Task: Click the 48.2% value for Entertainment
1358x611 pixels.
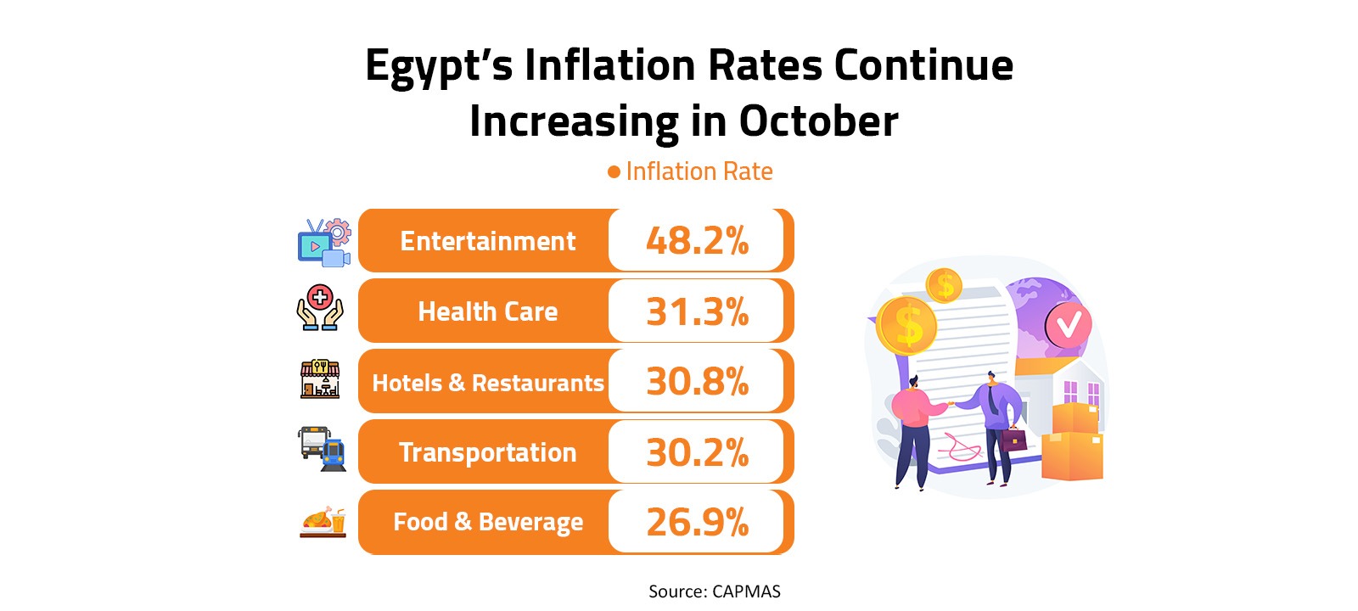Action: tap(697, 241)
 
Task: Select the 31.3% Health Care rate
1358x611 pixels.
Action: tap(697, 311)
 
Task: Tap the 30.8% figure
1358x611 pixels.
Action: tap(697, 382)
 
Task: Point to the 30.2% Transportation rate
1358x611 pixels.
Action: tap(697, 452)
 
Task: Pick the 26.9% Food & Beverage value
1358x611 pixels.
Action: tap(697, 523)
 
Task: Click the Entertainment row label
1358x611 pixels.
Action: tap(487, 241)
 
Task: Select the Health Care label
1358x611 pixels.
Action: tap(487, 311)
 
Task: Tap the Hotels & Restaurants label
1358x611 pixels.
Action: tap(487, 383)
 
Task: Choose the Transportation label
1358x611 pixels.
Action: tap(487, 452)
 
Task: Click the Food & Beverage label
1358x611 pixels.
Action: tap(487, 522)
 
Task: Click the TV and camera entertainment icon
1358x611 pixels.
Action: tap(323, 243)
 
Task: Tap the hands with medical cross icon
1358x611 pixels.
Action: tap(320, 307)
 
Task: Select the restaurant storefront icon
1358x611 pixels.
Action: tap(320, 378)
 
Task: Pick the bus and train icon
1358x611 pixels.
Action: tap(322, 448)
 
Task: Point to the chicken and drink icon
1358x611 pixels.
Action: tap(323, 521)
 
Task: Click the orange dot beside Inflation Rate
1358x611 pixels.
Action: tap(614, 172)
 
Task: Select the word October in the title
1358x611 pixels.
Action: tap(818, 121)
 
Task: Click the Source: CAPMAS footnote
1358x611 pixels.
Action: tap(714, 591)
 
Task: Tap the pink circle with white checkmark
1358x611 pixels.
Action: tap(1068, 323)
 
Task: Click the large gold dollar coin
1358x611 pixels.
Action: tap(906, 326)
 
